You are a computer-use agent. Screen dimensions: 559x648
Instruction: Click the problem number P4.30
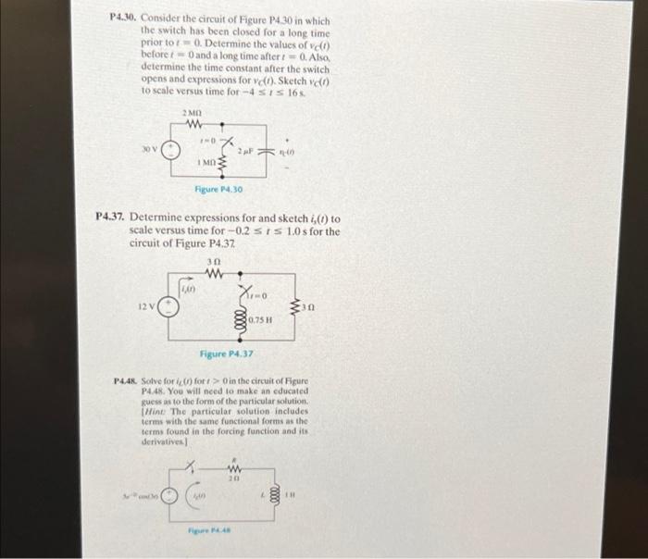coord(122,18)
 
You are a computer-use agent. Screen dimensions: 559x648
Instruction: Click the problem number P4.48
coord(124,381)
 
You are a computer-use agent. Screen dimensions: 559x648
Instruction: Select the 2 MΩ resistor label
coord(193,113)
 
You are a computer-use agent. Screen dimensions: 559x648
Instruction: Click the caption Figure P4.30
coord(218,191)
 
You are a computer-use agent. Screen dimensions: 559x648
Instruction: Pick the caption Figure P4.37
coord(226,354)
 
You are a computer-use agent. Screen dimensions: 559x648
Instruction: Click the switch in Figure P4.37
coord(245,291)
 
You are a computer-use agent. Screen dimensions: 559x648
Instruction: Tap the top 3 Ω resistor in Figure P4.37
coord(216,273)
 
